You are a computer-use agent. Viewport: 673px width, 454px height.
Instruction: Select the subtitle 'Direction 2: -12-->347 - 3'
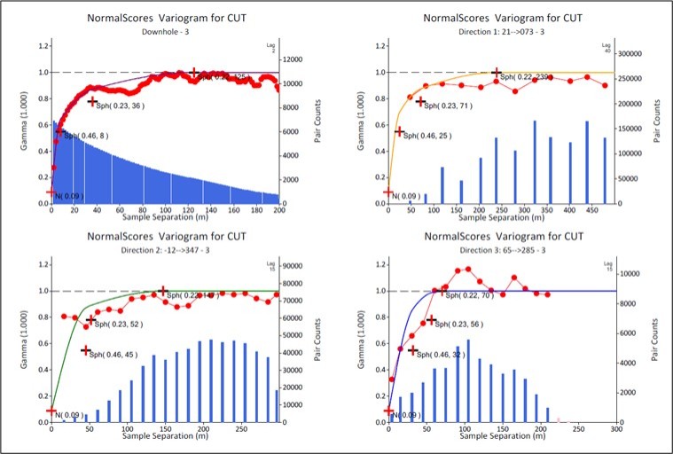click(x=166, y=251)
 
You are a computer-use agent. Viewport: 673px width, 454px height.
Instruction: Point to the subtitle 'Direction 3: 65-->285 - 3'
click(x=502, y=251)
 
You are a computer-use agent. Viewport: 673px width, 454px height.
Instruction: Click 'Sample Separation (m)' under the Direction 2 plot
click(x=166, y=438)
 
